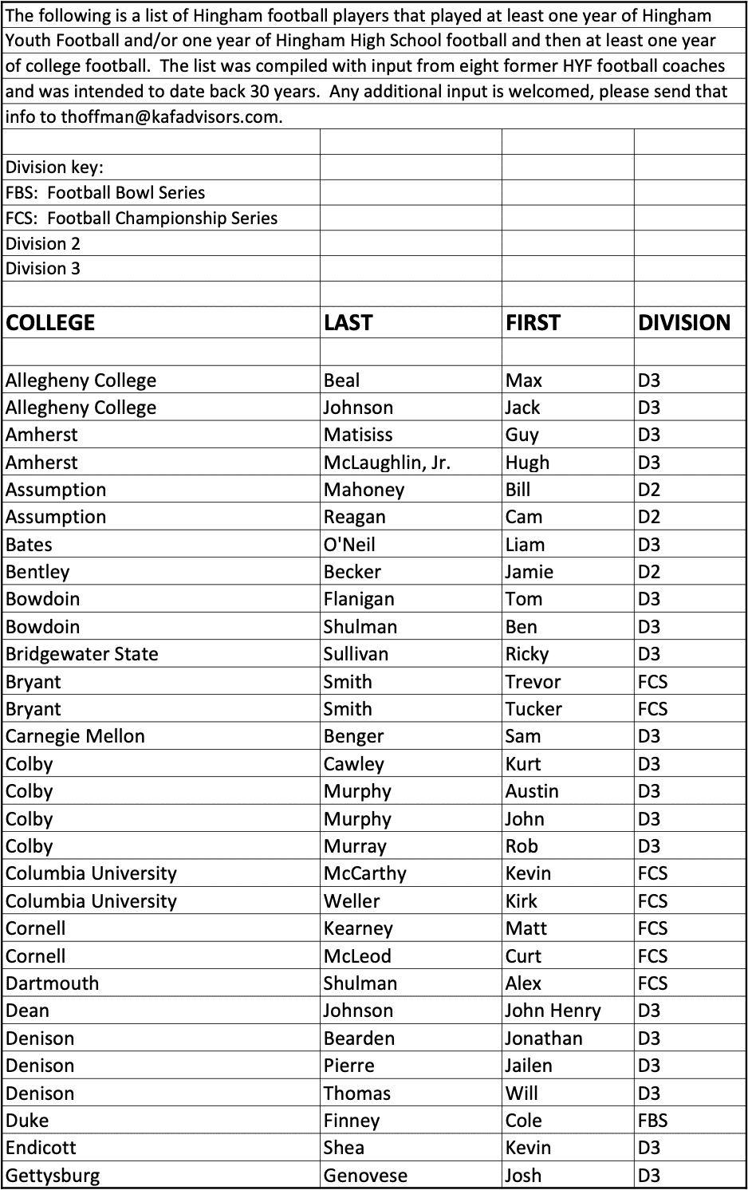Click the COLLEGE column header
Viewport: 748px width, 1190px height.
(50, 322)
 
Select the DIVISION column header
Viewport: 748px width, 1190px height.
(683, 322)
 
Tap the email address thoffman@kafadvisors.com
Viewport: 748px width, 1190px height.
(171, 116)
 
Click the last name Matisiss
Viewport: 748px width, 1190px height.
(357, 435)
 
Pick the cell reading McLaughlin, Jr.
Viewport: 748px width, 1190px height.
(387, 463)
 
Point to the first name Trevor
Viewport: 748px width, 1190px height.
(533, 682)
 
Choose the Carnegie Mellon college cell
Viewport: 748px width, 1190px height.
(75, 736)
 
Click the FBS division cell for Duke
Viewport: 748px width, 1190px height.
(652, 1121)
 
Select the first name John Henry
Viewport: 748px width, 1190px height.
(553, 1011)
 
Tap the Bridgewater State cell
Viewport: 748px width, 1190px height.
(82, 654)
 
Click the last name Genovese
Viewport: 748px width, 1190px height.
(365, 1176)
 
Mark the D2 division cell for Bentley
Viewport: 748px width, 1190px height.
(649, 572)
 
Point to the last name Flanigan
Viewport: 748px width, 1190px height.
(359, 599)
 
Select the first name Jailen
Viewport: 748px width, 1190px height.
(528, 1066)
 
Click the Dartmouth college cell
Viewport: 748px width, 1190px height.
(53, 983)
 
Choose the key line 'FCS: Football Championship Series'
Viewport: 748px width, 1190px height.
(142, 218)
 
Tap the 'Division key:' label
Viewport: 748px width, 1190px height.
(54, 167)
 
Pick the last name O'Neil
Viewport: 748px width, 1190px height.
(349, 545)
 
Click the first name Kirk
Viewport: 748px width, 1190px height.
(521, 901)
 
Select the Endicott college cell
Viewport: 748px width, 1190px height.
(41, 1148)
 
